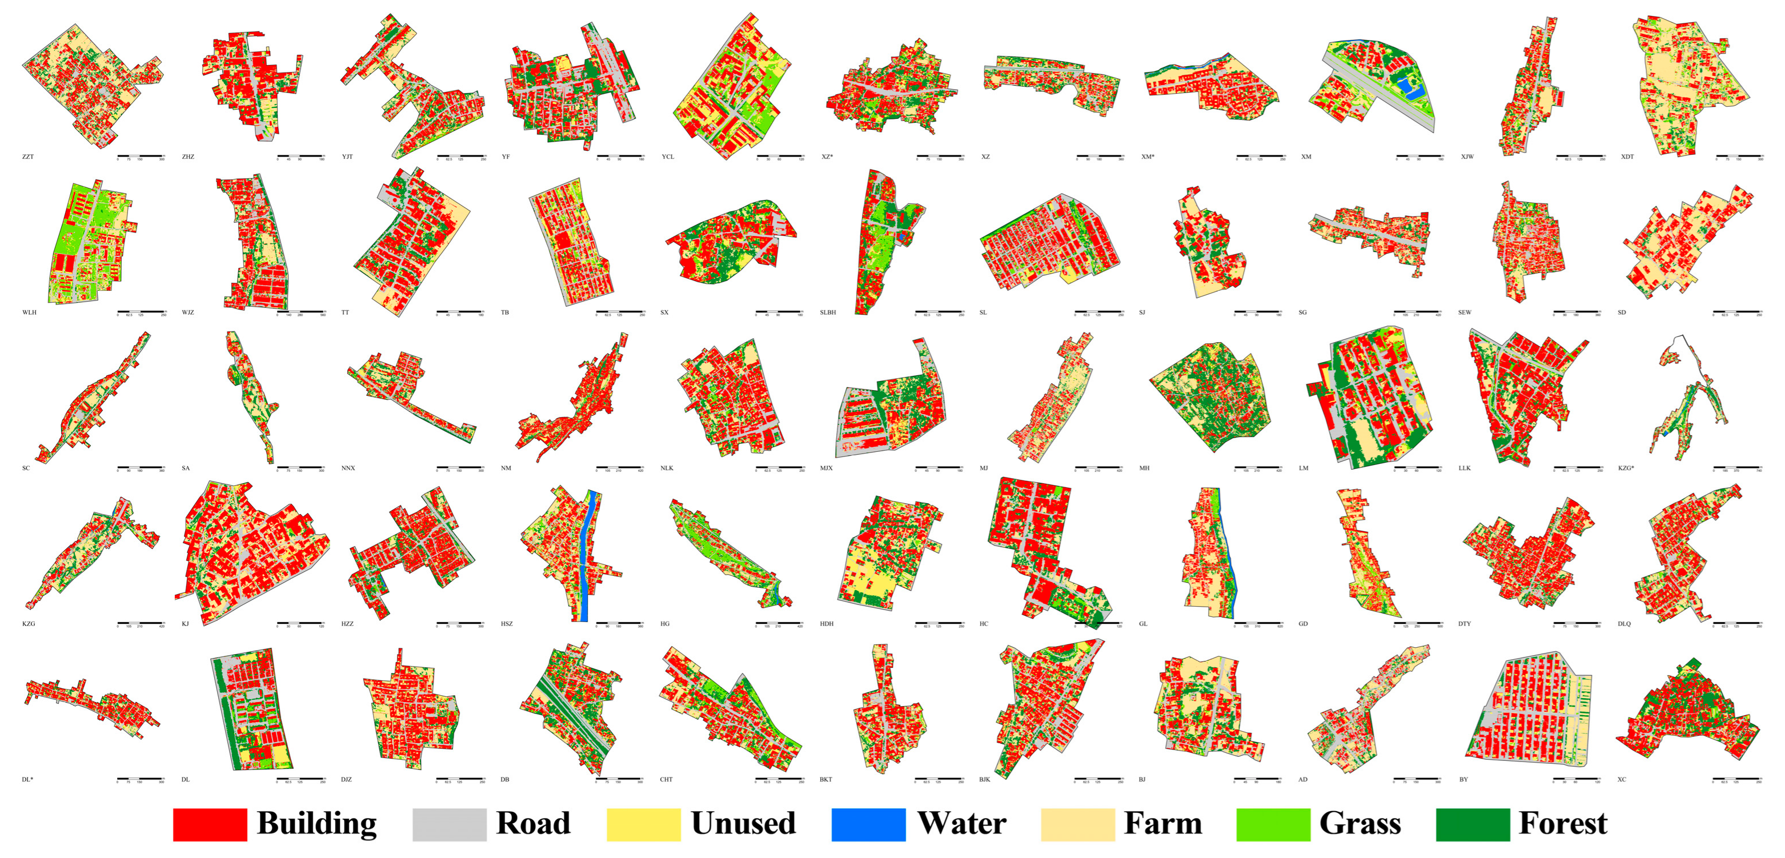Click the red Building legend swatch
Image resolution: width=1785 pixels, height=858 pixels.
click(x=210, y=824)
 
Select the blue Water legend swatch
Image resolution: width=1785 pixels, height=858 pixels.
click(x=868, y=824)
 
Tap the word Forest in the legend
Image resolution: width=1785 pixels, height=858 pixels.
click(x=1563, y=824)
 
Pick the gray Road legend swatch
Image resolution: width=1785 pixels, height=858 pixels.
click(x=449, y=824)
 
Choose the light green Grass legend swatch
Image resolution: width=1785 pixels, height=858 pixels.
click(x=1273, y=824)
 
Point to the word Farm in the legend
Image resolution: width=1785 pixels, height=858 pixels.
click(x=1163, y=824)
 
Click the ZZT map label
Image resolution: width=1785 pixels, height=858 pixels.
click(x=28, y=157)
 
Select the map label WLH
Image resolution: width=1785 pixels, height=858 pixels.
click(x=29, y=312)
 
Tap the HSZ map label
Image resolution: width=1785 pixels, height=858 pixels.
click(x=507, y=624)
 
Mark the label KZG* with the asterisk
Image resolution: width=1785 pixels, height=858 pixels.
click(x=1626, y=468)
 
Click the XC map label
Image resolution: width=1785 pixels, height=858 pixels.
click(x=1622, y=780)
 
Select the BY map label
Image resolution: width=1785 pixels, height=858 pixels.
click(x=1463, y=780)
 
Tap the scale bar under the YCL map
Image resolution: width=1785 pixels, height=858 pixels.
click(x=780, y=157)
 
